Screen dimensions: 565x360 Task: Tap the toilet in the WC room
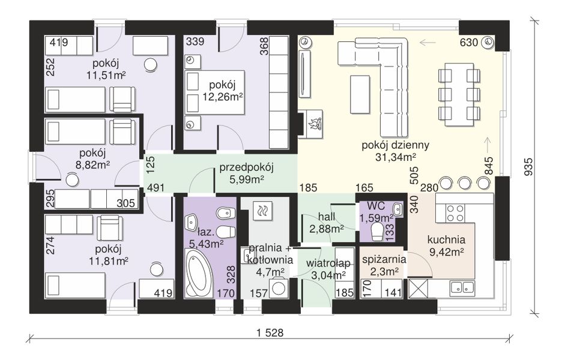point(378,232)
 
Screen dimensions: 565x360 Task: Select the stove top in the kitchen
point(455,213)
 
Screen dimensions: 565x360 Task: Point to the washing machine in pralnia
point(279,287)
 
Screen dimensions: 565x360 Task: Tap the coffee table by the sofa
point(360,94)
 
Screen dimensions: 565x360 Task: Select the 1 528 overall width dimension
point(270,332)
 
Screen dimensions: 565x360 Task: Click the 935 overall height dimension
point(528,166)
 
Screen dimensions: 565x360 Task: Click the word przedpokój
point(247,167)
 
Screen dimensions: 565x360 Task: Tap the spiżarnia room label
point(384,259)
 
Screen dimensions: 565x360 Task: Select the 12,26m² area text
point(222,97)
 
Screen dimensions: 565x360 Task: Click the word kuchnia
point(447,239)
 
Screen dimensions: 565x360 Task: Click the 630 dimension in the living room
point(469,43)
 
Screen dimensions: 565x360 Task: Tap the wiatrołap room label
point(328,263)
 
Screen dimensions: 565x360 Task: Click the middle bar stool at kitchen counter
point(465,183)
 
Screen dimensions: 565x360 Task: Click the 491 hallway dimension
point(156,187)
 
